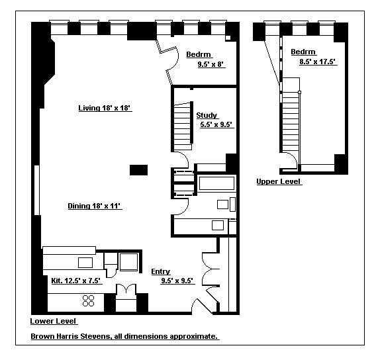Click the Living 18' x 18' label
(105, 108)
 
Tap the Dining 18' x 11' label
(95, 206)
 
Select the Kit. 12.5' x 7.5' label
(75, 281)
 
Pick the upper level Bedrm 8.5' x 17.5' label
(313, 57)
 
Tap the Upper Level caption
(279, 181)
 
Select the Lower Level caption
(54, 322)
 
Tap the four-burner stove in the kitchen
(88, 301)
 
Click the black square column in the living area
(138, 169)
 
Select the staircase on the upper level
(289, 119)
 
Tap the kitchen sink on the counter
(85, 263)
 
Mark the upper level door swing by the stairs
(291, 159)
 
